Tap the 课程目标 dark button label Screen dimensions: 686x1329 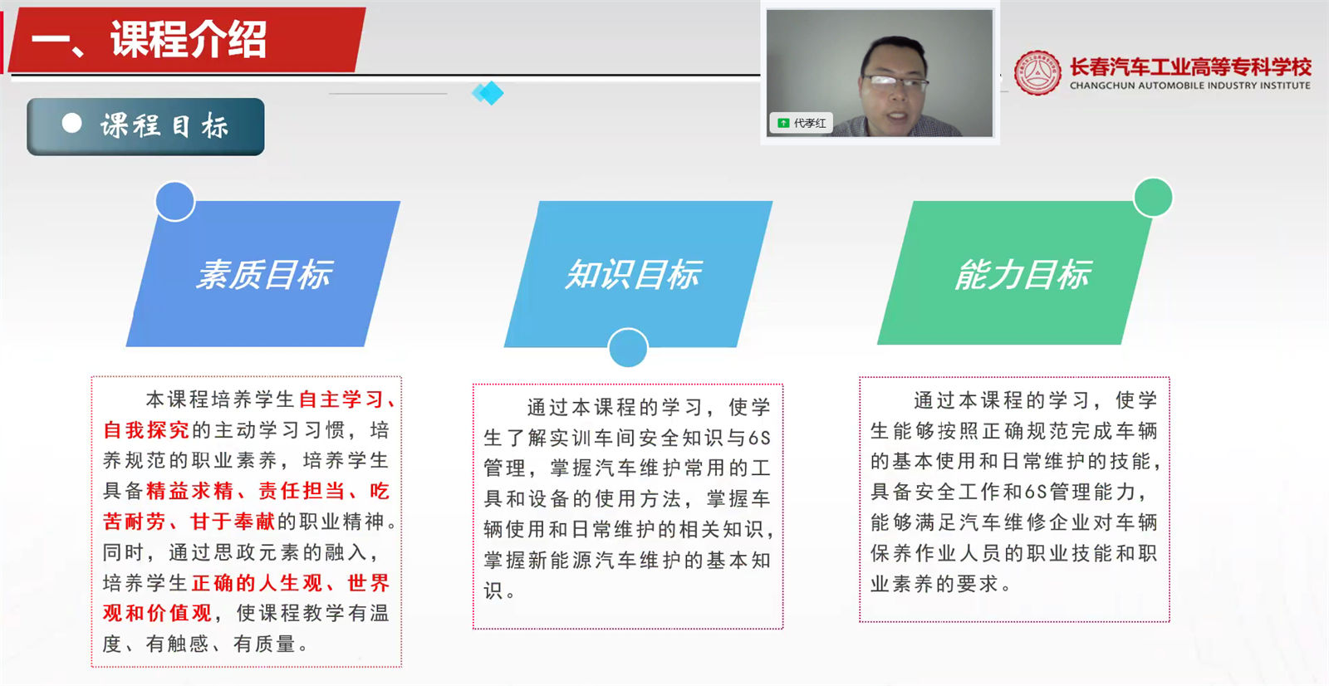click(x=164, y=126)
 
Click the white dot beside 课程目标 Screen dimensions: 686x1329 click(x=72, y=124)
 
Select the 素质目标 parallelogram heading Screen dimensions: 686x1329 click(x=264, y=274)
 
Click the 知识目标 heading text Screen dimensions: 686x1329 click(x=633, y=274)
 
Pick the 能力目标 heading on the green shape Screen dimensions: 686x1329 click(x=1022, y=274)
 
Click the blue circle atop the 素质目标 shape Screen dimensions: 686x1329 click(x=175, y=201)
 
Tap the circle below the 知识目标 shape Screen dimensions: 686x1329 click(x=628, y=347)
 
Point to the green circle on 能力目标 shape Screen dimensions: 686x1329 click(x=1153, y=198)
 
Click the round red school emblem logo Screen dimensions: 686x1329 click(x=1037, y=73)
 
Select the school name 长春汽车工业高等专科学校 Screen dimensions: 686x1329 click(x=1189, y=66)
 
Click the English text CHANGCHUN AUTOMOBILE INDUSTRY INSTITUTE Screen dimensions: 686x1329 click(x=1189, y=86)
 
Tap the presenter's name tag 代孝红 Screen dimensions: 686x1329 click(x=809, y=123)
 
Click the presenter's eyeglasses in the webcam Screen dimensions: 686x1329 click(x=895, y=81)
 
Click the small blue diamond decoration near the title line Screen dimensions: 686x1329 click(x=488, y=92)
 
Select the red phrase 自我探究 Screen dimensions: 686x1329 click(x=146, y=430)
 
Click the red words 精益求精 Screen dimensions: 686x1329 click(x=189, y=491)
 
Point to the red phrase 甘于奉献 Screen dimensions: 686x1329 click(x=233, y=522)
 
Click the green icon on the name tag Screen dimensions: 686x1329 click(x=783, y=123)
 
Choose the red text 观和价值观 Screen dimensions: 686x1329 click(x=157, y=613)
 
